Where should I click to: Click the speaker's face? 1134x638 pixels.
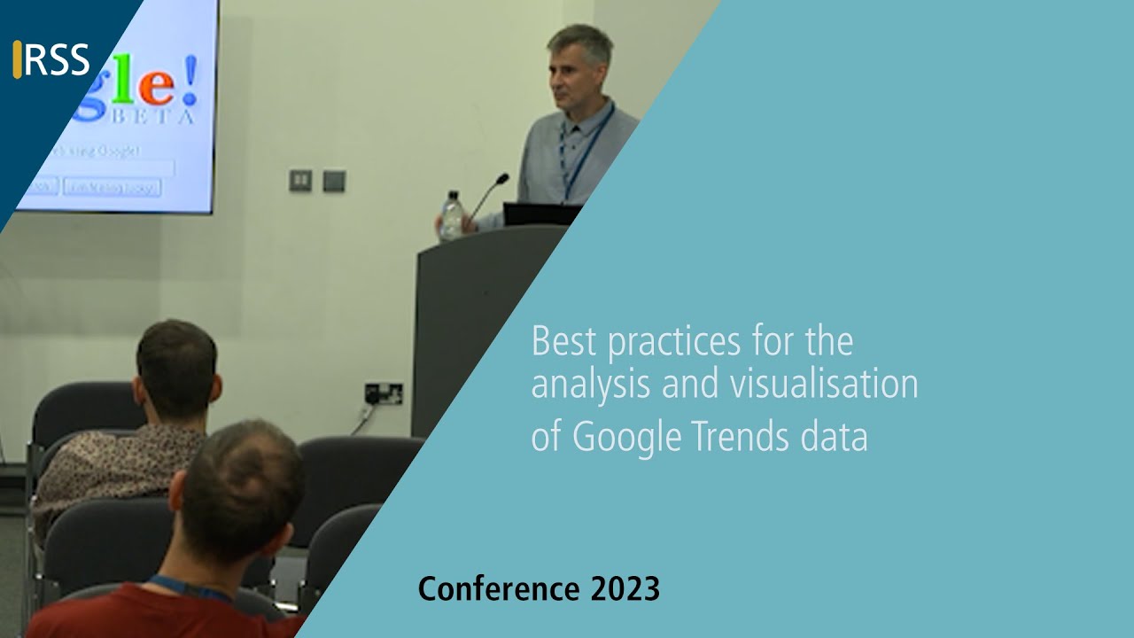pos(571,74)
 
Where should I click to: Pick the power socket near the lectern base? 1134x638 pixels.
pos(384,393)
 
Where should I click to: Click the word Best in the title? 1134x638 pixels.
pos(563,342)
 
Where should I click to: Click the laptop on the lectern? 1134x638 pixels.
pos(540,214)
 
